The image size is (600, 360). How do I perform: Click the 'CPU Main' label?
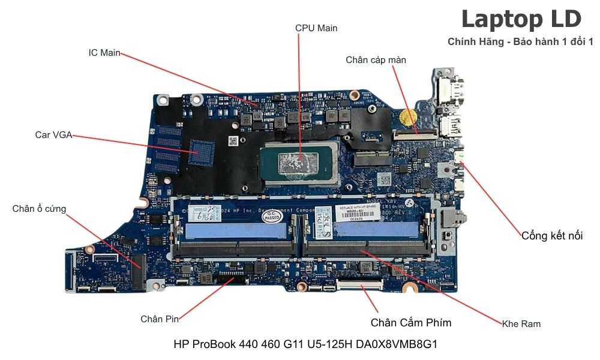point(316,28)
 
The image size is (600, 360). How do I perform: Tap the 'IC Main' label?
point(104,53)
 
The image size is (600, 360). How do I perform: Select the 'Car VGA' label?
point(53,135)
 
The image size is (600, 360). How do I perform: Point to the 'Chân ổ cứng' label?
point(39,209)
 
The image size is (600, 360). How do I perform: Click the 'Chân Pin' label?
point(160,319)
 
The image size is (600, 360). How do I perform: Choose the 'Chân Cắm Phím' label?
point(411,323)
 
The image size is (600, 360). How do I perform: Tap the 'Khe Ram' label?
point(521,324)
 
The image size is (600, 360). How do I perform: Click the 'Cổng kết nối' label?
point(552,235)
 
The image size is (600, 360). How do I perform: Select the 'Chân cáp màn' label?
point(376,60)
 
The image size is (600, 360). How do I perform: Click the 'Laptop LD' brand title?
point(521,19)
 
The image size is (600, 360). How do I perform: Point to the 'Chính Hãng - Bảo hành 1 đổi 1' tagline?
point(520,42)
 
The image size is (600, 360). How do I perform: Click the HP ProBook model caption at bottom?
point(305,344)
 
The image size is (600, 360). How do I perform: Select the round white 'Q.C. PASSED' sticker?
point(271,215)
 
